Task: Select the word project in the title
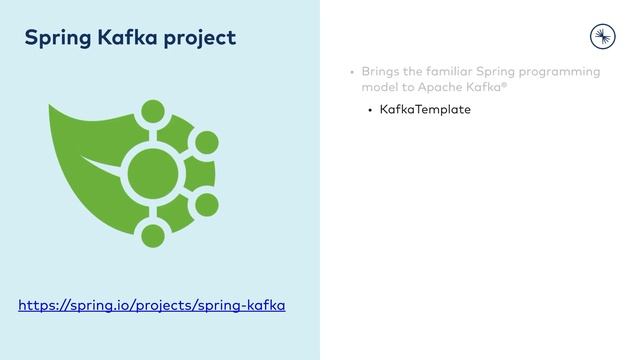point(199,38)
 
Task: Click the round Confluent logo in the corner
point(603,36)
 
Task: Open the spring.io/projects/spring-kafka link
point(152,305)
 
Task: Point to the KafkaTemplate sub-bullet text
point(425,109)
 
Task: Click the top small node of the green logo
point(153,111)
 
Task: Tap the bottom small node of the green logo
point(153,236)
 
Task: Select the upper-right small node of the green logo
point(207,142)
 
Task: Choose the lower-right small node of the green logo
point(207,205)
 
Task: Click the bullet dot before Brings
point(352,73)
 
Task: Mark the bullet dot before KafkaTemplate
point(370,110)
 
